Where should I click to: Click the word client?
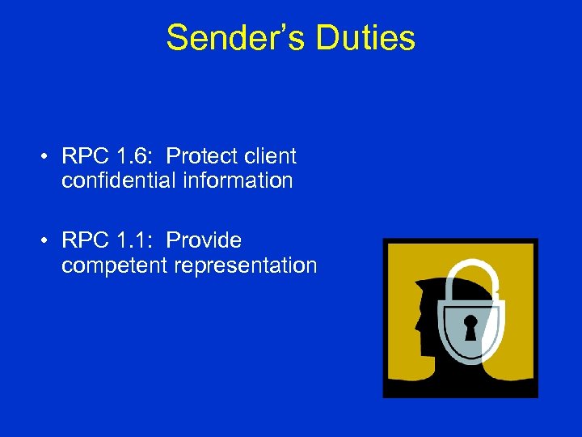point(268,156)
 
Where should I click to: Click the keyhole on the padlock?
point(470,327)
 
